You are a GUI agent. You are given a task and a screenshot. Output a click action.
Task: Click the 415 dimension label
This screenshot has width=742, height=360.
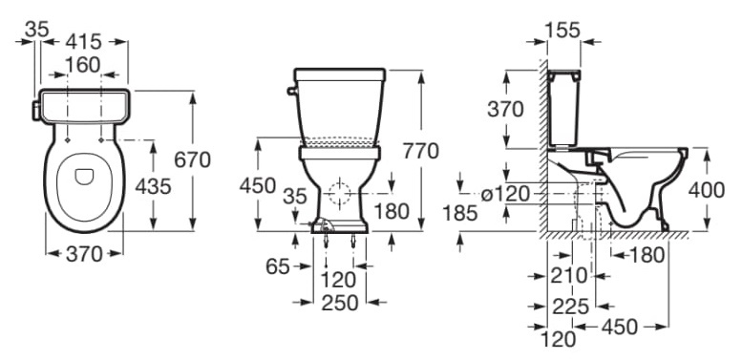click(84, 42)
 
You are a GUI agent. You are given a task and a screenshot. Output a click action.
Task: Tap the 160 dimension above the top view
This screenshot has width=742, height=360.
click(83, 65)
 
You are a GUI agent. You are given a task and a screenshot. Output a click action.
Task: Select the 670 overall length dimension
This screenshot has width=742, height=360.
click(192, 159)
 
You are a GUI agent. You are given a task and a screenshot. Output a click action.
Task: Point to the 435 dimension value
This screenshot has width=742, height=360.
click(153, 187)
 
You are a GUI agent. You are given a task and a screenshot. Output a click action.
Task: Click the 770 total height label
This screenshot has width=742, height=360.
click(421, 151)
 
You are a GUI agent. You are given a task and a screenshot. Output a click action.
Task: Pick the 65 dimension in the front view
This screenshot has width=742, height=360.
click(277, 266)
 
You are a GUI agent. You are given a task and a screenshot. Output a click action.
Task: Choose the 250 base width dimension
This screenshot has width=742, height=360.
click(340, 303)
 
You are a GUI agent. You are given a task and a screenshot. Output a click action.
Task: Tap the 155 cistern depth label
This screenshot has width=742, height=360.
click(562, 30)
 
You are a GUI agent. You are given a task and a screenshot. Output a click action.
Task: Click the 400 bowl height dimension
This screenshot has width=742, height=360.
click(706, 190)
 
